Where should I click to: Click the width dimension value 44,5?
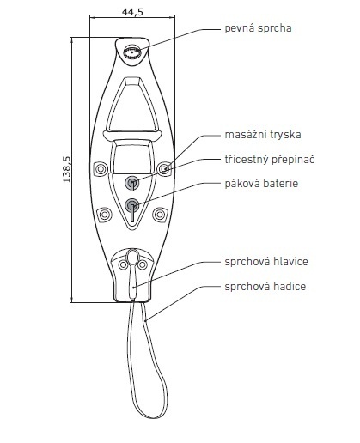(x=132, y=12)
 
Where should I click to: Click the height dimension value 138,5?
(x=67, y=169)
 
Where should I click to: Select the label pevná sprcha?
(x=258, y=28)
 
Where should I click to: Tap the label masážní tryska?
(x=263, y=135)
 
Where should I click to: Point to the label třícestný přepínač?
(x=270, y=159)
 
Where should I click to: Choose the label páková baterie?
(x=261, y=184)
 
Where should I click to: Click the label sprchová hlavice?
(x=266, y=262)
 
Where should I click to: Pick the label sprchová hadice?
(x=265, y=286)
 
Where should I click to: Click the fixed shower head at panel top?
(x=132, y=52)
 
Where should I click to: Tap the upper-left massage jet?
(x=101, y=169)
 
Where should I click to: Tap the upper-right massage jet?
(x=164, y=169)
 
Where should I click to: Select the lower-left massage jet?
(x=104, y=215)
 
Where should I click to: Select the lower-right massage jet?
(x=160, y=215)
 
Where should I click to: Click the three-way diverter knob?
(x=132, y=183)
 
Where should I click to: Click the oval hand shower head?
(x=132, y=257)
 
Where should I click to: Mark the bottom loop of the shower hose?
(x=153, y=416)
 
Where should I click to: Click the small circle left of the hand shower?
(x=123, y=264)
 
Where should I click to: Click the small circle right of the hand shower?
(x=143, y=264)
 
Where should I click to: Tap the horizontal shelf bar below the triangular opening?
(x=132, y=135)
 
